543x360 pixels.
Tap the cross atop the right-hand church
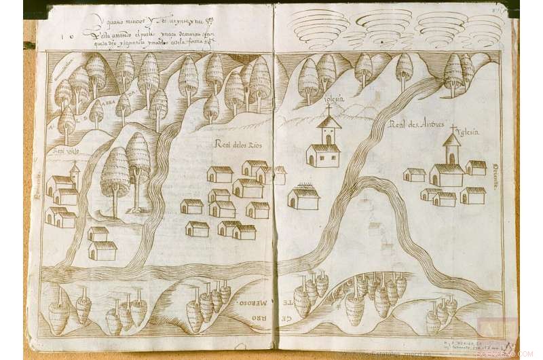coord(452,128)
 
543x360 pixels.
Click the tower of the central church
coord(329,129)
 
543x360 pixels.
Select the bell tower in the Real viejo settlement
coord(75,175)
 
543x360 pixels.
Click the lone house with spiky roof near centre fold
coord(303,197)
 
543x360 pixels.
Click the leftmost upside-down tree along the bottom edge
coord(59,314)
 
